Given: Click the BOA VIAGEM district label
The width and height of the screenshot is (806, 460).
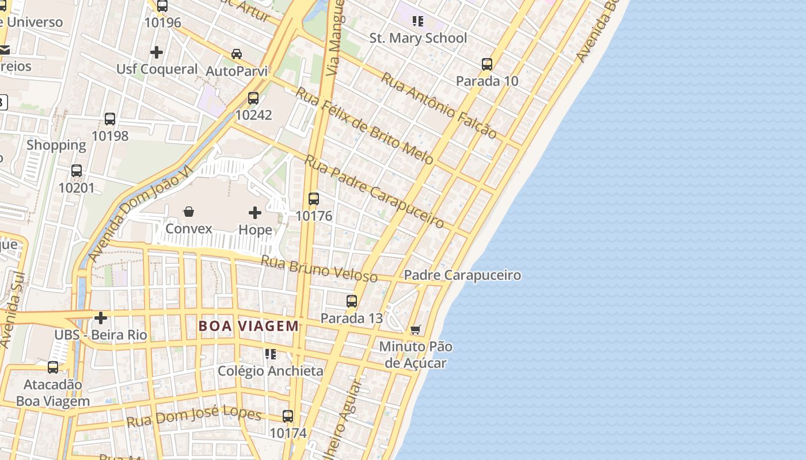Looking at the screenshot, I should point(249,326).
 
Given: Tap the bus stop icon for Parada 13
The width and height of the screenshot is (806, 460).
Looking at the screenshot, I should point(352,301).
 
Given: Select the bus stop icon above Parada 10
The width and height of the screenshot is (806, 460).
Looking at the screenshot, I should point(487,64).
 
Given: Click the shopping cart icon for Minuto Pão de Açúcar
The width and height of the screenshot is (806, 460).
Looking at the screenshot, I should point(416,330).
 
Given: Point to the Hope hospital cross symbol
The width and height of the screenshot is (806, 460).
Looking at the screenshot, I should point(255,213).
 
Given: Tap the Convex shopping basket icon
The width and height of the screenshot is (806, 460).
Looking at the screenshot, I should point(189,212).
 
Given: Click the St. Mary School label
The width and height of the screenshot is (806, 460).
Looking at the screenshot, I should point(418,38).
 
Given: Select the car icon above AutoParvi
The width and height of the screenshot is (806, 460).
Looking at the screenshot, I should point(237,54).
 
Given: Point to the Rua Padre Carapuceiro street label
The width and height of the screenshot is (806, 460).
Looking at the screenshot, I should point(374,191).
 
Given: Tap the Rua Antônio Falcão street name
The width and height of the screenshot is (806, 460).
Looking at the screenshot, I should point(439,106).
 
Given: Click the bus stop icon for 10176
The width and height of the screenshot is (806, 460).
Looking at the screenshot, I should point(314,199).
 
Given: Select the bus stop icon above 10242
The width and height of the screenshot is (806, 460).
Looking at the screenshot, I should point(253,98).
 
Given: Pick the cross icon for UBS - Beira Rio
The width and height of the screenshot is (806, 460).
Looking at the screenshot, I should point(101,317).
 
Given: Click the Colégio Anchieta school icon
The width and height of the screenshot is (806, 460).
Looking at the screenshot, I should point(270,354).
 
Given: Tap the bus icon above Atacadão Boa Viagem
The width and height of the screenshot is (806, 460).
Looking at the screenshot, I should point(53,367).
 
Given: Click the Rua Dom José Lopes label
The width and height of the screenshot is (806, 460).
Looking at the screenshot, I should point(194,417).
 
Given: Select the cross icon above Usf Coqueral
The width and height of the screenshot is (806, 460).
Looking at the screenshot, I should point(157,52).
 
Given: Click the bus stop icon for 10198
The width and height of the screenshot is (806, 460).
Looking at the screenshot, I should point(110,119).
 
